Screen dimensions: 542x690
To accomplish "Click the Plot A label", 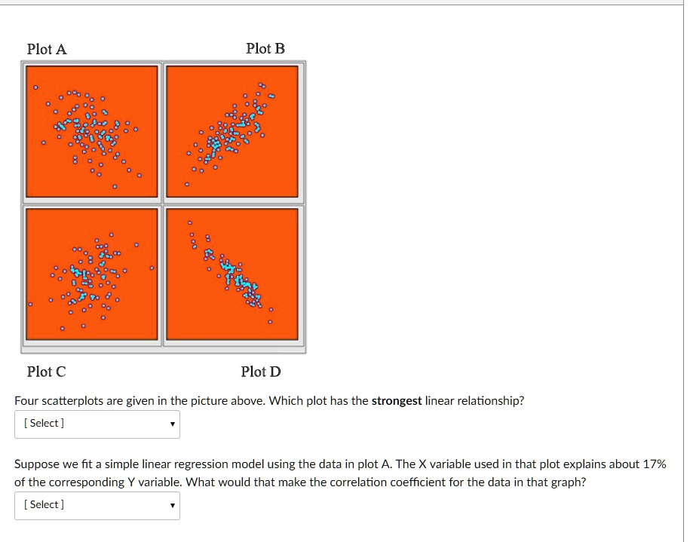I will pos(47,49).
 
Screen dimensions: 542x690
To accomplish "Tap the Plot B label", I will pos(265,49).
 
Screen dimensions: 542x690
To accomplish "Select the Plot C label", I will pos(46,372).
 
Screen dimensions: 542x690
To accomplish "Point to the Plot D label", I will pos(261,372).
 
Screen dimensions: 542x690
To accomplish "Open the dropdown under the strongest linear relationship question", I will pos(97,424).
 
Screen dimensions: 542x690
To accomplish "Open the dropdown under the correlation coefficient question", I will pos(97,505).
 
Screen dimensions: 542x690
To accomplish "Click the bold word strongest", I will pos(397,401).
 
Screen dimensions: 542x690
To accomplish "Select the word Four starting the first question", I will pos(27,401).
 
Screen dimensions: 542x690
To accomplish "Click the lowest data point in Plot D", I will pos(271,323).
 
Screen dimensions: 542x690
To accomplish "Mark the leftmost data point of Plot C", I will pos(30,305).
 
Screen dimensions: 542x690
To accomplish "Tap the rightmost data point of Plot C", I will pos(152,268).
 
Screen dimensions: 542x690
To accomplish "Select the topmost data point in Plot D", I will pos(190,223).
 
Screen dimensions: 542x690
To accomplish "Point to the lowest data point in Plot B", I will pos(188,184).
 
